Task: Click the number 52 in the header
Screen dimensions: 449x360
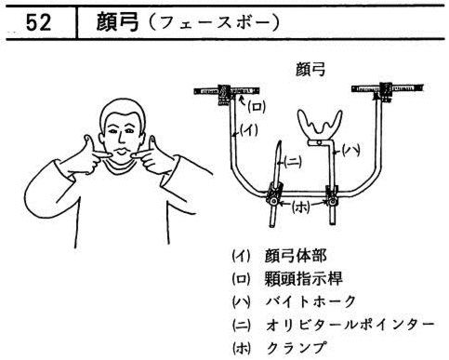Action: (x=38, y=22)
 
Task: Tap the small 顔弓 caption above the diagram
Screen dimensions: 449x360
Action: (x=310, y=69)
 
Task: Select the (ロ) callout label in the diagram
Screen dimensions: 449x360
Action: (x=256, y=108)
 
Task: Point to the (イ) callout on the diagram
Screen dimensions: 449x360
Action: (x=250, y=130)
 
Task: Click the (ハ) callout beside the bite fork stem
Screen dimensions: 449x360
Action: (x=350, y=151)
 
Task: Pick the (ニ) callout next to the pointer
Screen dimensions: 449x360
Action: (x=293, y=161)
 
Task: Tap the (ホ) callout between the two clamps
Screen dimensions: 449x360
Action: (x=301, y=207)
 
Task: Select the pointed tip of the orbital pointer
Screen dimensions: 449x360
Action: (x=280, y=141)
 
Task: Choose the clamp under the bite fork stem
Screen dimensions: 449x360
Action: (x=332, y=196)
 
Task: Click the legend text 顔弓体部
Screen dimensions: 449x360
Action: (x=296, y=257)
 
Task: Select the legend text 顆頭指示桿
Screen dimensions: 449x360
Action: (x=303, y=279)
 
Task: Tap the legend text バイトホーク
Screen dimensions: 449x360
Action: (x=310, y=301)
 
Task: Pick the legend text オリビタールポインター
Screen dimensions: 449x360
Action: (x=350, y=325)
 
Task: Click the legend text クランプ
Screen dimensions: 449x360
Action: (x=297, y=347)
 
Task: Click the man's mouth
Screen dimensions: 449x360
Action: (x=123, y=153)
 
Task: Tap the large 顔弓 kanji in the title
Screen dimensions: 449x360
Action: (x=117, y=22)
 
